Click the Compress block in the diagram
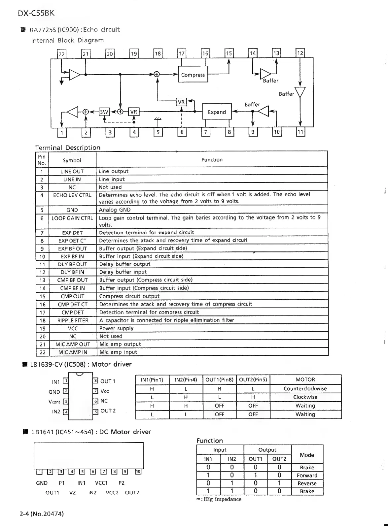(193, 75)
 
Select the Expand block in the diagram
(217, 112)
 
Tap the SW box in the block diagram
(104, 112)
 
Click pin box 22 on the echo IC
(62, 54)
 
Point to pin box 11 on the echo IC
(300, 132)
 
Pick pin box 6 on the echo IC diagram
(182, 132)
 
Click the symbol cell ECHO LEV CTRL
(72, 195)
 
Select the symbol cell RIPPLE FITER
(73, 320)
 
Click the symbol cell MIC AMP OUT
(73, 344)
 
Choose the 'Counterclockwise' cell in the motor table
(305, 388)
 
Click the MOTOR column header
(305, 379)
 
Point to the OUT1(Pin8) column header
(219, 379)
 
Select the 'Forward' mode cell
(307, 476)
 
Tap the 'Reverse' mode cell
(307, 483)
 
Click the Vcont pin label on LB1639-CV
(54, 402)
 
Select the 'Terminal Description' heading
(68, 148)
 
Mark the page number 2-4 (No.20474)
(42, 514)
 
